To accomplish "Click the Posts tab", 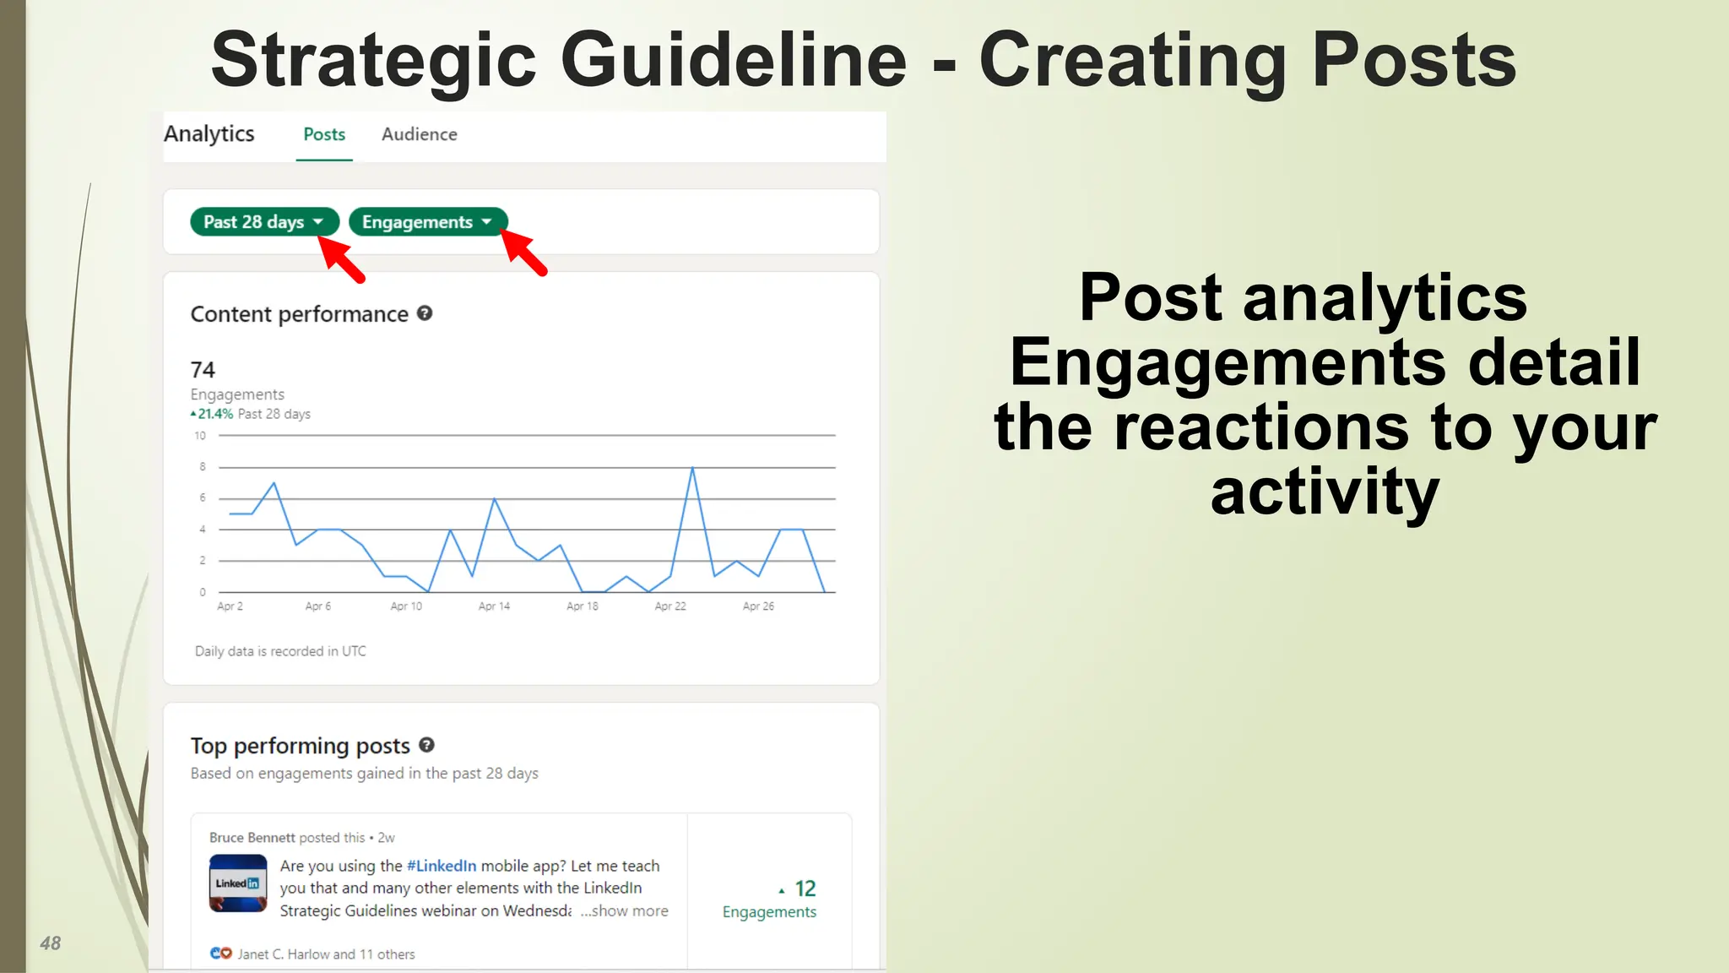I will pyautogui.click(x=324, y=134).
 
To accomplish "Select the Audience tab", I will pyautogui.click(x=419, y=134).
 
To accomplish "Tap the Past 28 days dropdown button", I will pyautogui.click(x=263, y=222).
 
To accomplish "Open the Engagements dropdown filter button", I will pyautogui.click(x=427, y=222).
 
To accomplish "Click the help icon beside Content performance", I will pyautogui.click(x=425, y=313).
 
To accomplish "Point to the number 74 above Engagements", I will pyautogui.click(x=203, y=370).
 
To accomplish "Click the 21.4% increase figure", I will pyautogui.click(x=214, y=414).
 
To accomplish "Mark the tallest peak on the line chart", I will pyautogui.click(x=692, y=468).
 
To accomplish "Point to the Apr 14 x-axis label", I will pyautogui.click(x=494, y=606).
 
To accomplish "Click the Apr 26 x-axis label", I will pyautogui.click(x=758, y=606).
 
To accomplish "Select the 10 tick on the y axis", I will pyautogui.click(x=200, y=436).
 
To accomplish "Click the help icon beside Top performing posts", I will pyautogui.click(x=426, y=745).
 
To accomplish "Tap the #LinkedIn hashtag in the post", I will pyautogui.click(x=442, y=866).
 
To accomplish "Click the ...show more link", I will pyautogui.click(x=624, y=911).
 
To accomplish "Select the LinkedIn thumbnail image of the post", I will pyautogui.click(x=238, y=883).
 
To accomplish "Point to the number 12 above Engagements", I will pyautogui.click(x=805, y=889).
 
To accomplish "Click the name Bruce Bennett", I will pyautogui.click(x=252, y=838).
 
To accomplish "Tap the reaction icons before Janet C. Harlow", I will pyautogui.click(x=220, y=954).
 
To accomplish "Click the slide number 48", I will pyautogui.click(x=51, y=943).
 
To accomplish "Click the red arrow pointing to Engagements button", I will pyautogui.click(x=525, y=253).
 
